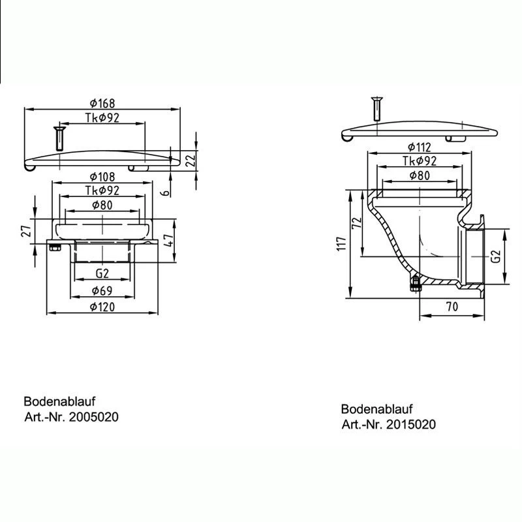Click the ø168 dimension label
(103, 102)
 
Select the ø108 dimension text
(103, 177)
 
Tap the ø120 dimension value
(103, 307)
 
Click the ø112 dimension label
(419, 147)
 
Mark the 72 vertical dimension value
(356, 222)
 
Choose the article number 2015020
(389, 425)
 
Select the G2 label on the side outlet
(496, 256)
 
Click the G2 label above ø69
(102, 274)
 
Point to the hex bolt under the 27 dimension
(55, 247)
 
